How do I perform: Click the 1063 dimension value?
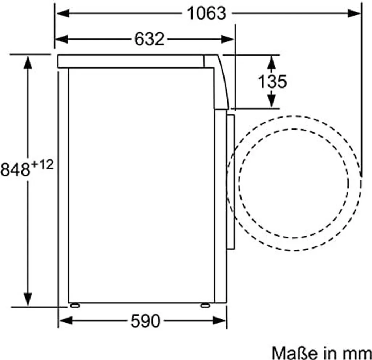click(206, 13)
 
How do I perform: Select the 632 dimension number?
click(149, 39)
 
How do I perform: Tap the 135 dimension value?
click(272, 82)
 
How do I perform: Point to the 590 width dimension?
click(145, 321)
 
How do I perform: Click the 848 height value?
click(15, 169)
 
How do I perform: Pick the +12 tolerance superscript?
click(42, 164)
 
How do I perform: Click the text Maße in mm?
click(322, 353)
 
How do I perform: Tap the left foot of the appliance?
click(75, 306)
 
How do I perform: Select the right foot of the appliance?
click(205, 306)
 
